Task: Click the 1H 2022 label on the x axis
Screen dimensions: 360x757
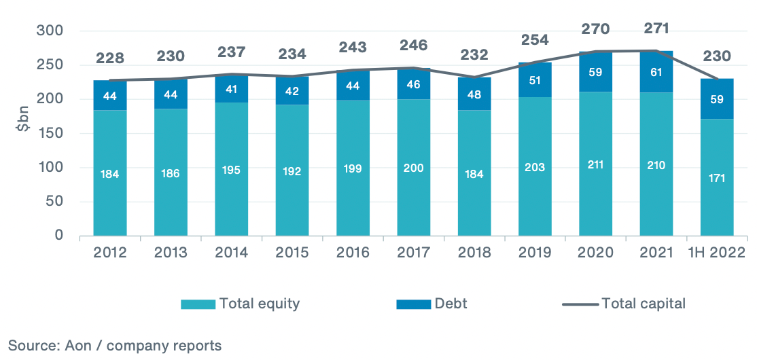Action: pyautogui.click(x=717, y=253)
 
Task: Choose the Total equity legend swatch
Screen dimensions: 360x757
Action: pyautogui.click(x=197, y=304)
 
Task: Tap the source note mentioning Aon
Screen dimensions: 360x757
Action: pyautogui.click(x=115, y=346)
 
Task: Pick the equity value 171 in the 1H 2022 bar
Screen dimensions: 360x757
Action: pyautogui.click(x=717, y=179)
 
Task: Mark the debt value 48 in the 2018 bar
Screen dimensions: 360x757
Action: pyautogui.click(x=474, y=95)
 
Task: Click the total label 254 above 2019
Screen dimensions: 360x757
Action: pyautogui.click(x=535, y=39)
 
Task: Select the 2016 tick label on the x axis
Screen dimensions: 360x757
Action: pyautogui.click(x=353, y=253)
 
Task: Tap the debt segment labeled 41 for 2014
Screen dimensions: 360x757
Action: pyautogui.click(x=232, y=88)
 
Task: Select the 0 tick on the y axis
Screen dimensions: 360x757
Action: pyautogui.click(x=58, y=236)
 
